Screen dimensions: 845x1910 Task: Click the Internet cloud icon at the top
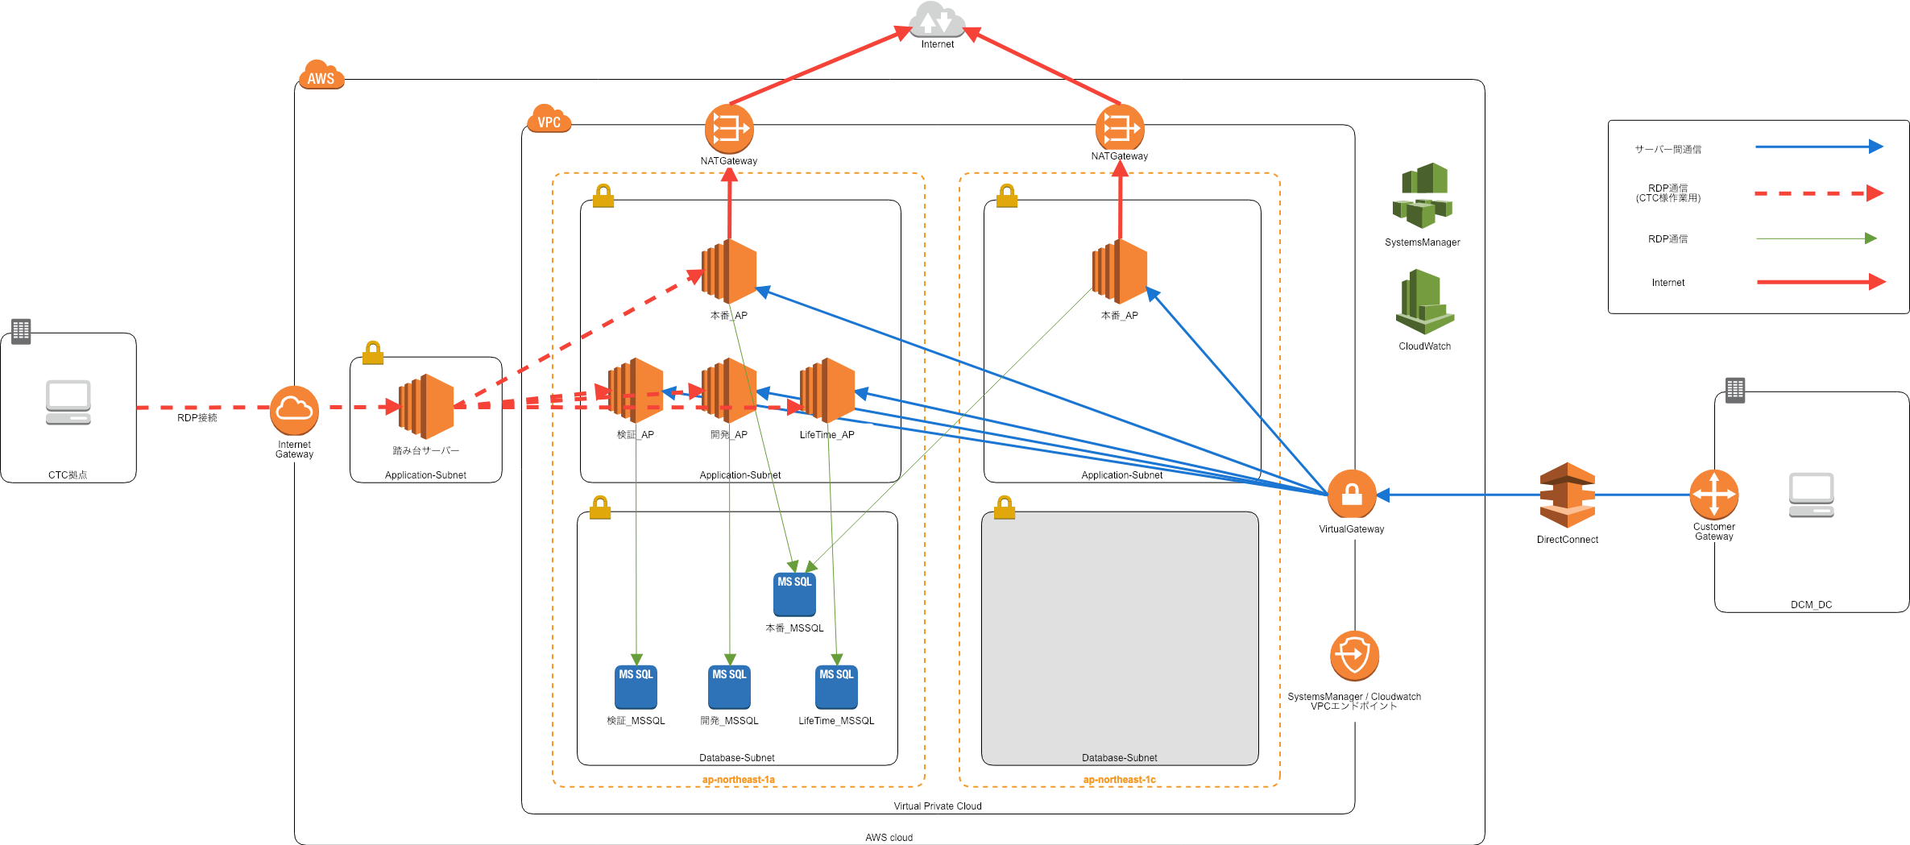(x=937, y=20)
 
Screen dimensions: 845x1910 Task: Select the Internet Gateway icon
(x=294, y=410)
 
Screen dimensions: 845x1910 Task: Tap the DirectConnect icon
(x=1567, y=495)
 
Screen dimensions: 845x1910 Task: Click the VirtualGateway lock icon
(x=1352, y=494)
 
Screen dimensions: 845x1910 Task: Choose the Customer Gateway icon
(x=1713, y=494)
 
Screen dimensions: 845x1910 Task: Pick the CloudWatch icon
(x=1424, y=303)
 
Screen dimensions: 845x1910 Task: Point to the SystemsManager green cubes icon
(x=1422, y=196)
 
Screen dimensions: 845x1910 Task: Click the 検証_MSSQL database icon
(x=636, y=686)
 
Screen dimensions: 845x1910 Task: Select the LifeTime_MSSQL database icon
(x=836, y=686)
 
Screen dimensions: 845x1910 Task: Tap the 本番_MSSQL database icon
(x=794, y=594)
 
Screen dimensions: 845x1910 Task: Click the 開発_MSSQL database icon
(x=729, y=686)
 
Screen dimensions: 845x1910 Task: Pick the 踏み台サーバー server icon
(x=426, y=407)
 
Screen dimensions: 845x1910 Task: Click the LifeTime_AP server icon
(x=827, y=391)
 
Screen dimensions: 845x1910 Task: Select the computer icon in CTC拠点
(x=68, y=402)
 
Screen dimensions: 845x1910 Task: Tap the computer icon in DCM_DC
(x=1811, y=495)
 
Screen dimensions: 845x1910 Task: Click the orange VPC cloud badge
(x=549, y=119)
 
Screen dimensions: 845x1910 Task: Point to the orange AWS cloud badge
(x=321, y=75)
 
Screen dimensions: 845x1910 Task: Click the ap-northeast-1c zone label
(x=1119, y=780)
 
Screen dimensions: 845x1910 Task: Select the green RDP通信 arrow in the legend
(x=1816, y=238)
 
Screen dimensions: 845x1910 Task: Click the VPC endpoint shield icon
(x=1354, y=656)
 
